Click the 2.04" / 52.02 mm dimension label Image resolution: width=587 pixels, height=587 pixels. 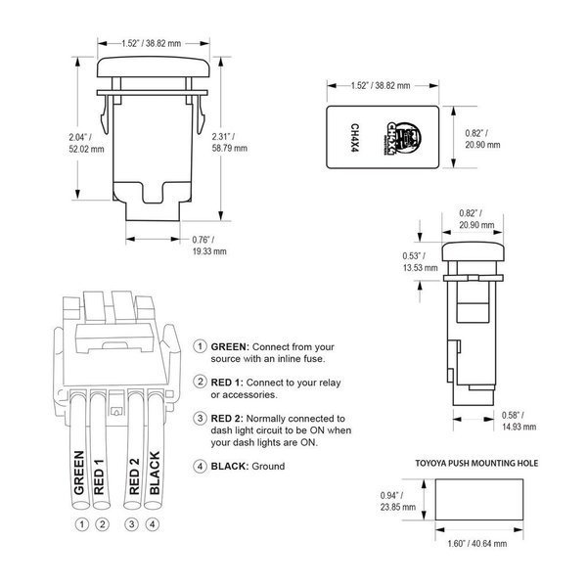[x=86, y=143]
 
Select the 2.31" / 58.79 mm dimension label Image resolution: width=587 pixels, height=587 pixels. [x=230, y=142]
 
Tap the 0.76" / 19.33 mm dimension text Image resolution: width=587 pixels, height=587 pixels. [x=209, y=246]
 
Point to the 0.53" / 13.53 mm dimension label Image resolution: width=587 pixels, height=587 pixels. [x=420, y=261]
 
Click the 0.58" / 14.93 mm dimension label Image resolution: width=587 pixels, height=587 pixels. [x=519, y=421]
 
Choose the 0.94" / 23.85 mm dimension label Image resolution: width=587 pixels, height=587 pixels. [x=398, y=501]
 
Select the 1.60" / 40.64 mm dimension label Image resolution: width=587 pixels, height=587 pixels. [x=477, y=543]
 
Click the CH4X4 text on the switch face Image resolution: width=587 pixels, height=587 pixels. [x=354, y=138]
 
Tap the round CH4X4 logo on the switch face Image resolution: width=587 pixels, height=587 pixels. [x=402, y=137]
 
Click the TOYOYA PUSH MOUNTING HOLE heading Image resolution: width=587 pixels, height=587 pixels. [x=476, y=463]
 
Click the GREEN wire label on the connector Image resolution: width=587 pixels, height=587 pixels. [x=79, y=473]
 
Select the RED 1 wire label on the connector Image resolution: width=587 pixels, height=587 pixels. [x=99, y=476]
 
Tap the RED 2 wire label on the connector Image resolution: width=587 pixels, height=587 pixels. [x=134, y=476]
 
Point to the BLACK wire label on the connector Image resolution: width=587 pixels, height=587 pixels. [x=155, y=473]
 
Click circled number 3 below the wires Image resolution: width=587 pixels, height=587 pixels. [x=131, y=524]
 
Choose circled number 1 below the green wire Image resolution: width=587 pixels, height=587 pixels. [x=82, y=524]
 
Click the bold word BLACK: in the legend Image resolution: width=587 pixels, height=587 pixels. [x=230, y=466]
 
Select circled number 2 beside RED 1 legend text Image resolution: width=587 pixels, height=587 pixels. [x=201, y=382]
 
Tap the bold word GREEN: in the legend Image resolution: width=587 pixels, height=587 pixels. [x=230, y=346]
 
